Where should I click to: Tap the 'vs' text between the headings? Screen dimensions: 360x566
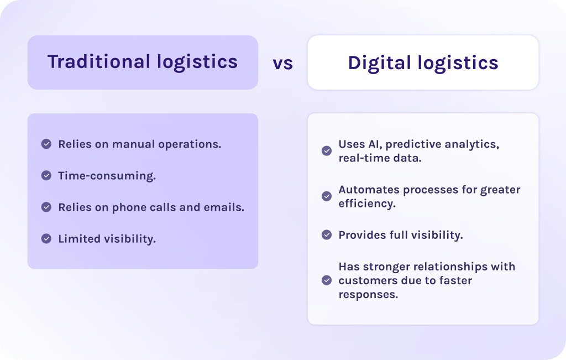[282, 63]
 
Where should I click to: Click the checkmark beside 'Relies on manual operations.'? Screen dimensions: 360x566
[46, 144]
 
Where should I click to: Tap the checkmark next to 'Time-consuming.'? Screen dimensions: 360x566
[46, 176]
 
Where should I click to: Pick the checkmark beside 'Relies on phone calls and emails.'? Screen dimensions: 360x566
[46, 207]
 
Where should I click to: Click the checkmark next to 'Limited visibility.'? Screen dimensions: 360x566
[46, 239]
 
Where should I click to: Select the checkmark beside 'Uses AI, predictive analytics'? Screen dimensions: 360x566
[327, 150]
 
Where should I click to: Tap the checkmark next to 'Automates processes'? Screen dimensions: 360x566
[327, 196]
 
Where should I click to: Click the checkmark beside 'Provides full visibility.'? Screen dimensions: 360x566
[327, 234]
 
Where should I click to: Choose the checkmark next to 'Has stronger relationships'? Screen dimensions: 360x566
[327, 280]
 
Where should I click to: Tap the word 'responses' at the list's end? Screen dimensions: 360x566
[367, 294]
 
